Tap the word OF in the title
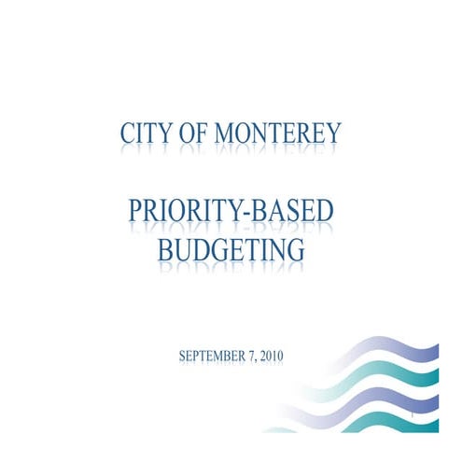192,134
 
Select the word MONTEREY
277,134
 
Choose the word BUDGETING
231,249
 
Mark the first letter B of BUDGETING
166,249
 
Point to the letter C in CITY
127,134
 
